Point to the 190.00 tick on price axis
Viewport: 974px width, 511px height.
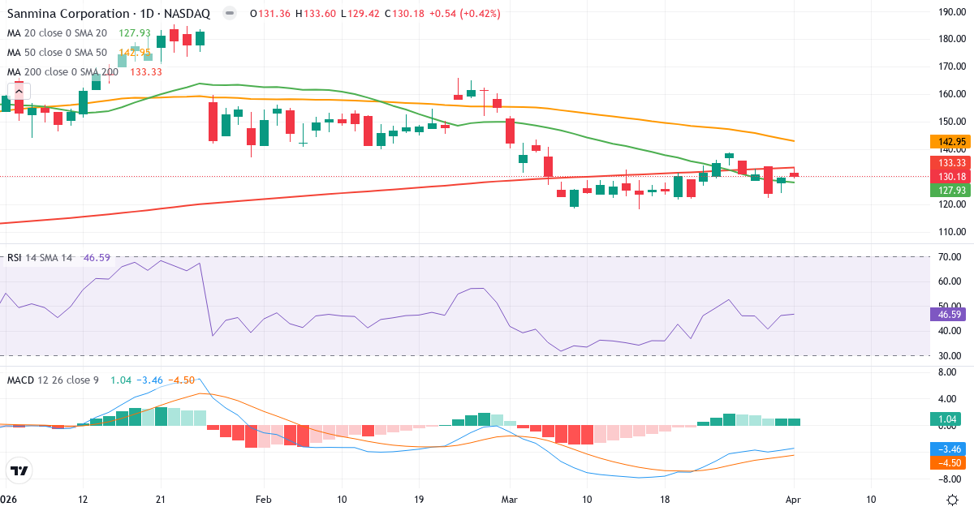(950, 11)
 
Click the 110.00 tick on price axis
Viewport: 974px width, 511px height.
(950, 232)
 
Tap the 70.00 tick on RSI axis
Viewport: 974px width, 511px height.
(948, 257)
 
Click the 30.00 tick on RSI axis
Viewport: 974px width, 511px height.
(948, 356)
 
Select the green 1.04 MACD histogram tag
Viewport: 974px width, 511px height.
(946, 419)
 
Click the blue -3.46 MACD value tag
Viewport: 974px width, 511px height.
(946, 448)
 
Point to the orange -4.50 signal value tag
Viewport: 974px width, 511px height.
(946, 462)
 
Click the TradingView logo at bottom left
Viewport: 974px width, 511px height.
(19, 470)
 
